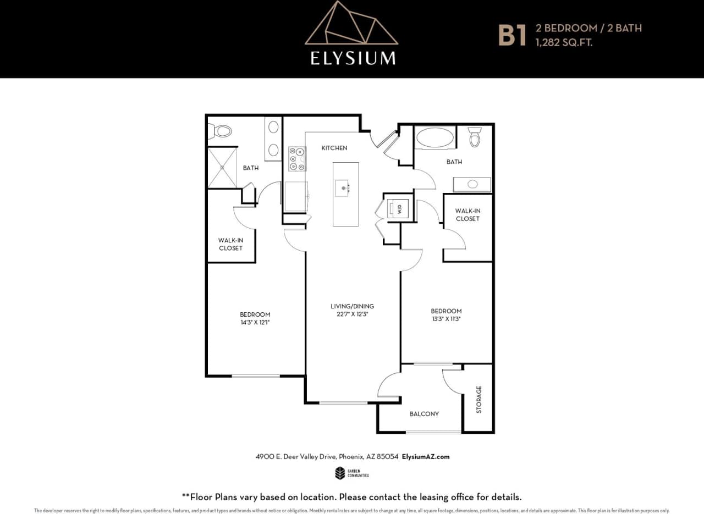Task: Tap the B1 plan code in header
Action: pos(512,34)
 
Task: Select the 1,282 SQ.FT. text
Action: pos(564,42)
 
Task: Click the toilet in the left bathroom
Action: pos(221,131)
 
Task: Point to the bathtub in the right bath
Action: pos(435,137)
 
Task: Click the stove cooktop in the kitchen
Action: pos(297,159)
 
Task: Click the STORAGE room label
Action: pos(479,399)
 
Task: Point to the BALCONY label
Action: pos(424,413)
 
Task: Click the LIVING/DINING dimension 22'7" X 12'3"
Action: pos(352,314)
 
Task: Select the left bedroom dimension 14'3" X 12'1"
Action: pos(255,323)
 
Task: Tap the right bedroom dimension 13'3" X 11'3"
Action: pos(446,319)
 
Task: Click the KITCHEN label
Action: pos(334,148)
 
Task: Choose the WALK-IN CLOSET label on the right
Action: pos(467,214)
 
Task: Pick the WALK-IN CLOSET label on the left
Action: pos(230,244)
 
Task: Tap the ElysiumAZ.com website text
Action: pos(426,457)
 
